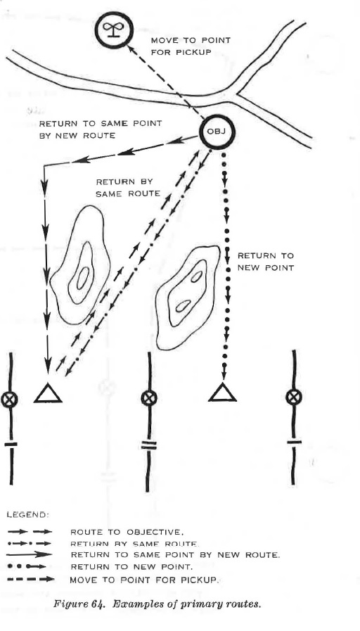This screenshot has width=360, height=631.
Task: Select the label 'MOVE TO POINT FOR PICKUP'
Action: click(191, 46)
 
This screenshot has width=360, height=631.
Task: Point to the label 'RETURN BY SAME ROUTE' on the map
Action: click(128, 188)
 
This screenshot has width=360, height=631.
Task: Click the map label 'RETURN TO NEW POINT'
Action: click(266, 262)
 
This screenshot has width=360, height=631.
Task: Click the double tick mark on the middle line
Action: click(149, 445)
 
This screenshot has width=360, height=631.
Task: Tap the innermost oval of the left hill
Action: click(83, 278)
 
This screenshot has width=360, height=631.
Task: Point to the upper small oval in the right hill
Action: click(197, 277)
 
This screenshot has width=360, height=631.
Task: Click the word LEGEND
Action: click(27, 515)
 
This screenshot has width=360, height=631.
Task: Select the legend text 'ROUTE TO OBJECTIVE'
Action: click(127, 532)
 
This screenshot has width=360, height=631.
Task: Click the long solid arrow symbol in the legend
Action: click(30, 554)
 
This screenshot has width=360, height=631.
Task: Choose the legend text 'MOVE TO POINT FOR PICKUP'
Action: click(145, 580)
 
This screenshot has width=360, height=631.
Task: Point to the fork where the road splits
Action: click(236, 95)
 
